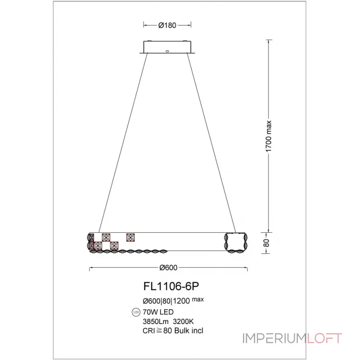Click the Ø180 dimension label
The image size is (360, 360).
click(167, 25)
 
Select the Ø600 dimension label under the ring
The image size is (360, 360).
click(168, 268)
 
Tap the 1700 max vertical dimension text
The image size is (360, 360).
click(268, 136)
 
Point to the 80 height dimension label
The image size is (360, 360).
click(266, 243)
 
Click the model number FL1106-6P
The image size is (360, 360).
click(171, 286)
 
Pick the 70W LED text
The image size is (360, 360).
click(158, 312)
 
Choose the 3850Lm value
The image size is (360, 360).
click(155, 322)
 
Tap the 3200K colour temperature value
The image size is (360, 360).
click(184, 322)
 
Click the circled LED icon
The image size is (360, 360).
click(136, 312)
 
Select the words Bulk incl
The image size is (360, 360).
click(189, 331)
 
